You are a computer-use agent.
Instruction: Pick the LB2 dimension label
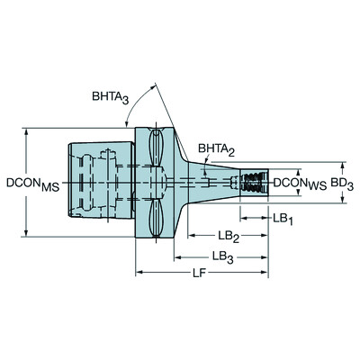pos(227,237)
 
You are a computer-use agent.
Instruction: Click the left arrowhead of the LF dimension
pos(139,272)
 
